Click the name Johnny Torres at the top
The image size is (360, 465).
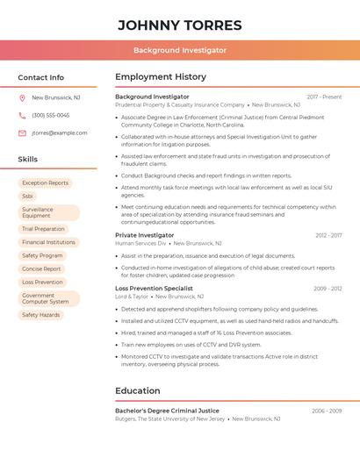click(179, 25)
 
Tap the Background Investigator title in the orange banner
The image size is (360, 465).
click(179, 50)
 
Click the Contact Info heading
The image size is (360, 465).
click(40, 77)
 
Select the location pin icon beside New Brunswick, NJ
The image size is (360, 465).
click(22, 97)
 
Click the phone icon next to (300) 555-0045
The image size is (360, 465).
click(22, 115)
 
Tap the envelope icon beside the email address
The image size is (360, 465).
click(22, 132)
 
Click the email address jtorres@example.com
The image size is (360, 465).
click(60, 132)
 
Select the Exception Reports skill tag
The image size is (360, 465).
click(45, 182)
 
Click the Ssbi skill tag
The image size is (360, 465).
click(27, 197)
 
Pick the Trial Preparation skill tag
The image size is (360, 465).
click(43, 229)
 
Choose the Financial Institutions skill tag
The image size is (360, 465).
click(48, 242)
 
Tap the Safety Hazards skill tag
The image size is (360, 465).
click(40, 315)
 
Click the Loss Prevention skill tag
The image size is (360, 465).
click(42, 283)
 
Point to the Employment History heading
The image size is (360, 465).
click(161, 77)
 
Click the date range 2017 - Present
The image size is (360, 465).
click(324, 97)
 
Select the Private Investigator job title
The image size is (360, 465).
click(144, 235)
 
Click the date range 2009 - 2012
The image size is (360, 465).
click(328, 288)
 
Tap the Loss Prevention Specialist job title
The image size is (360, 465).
click(154, 288)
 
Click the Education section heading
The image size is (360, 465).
click(138, 390)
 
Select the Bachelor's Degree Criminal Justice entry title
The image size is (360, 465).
click(167, 411)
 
